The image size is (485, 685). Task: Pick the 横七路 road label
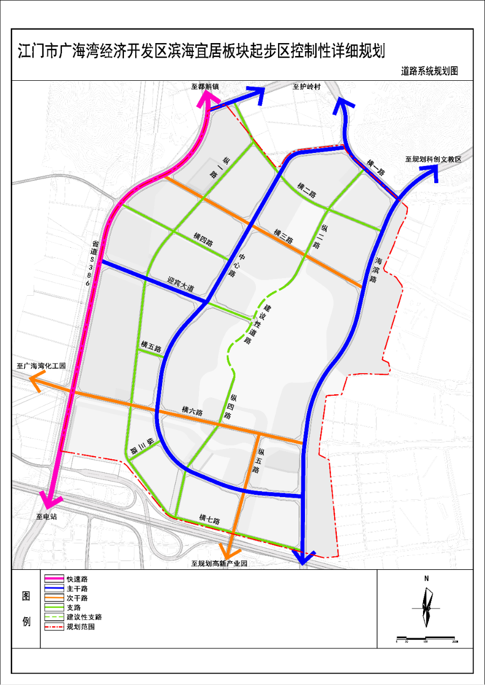pos(207,518)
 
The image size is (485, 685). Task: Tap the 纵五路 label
pos(258,460)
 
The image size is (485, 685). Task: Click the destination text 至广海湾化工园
pos(40,366)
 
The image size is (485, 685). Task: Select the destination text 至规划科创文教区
pos(434,159)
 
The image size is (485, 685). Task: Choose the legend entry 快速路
pos(77,578)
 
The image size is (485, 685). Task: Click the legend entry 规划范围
pos(80,627)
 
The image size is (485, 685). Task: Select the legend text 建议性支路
pos(84,617)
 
